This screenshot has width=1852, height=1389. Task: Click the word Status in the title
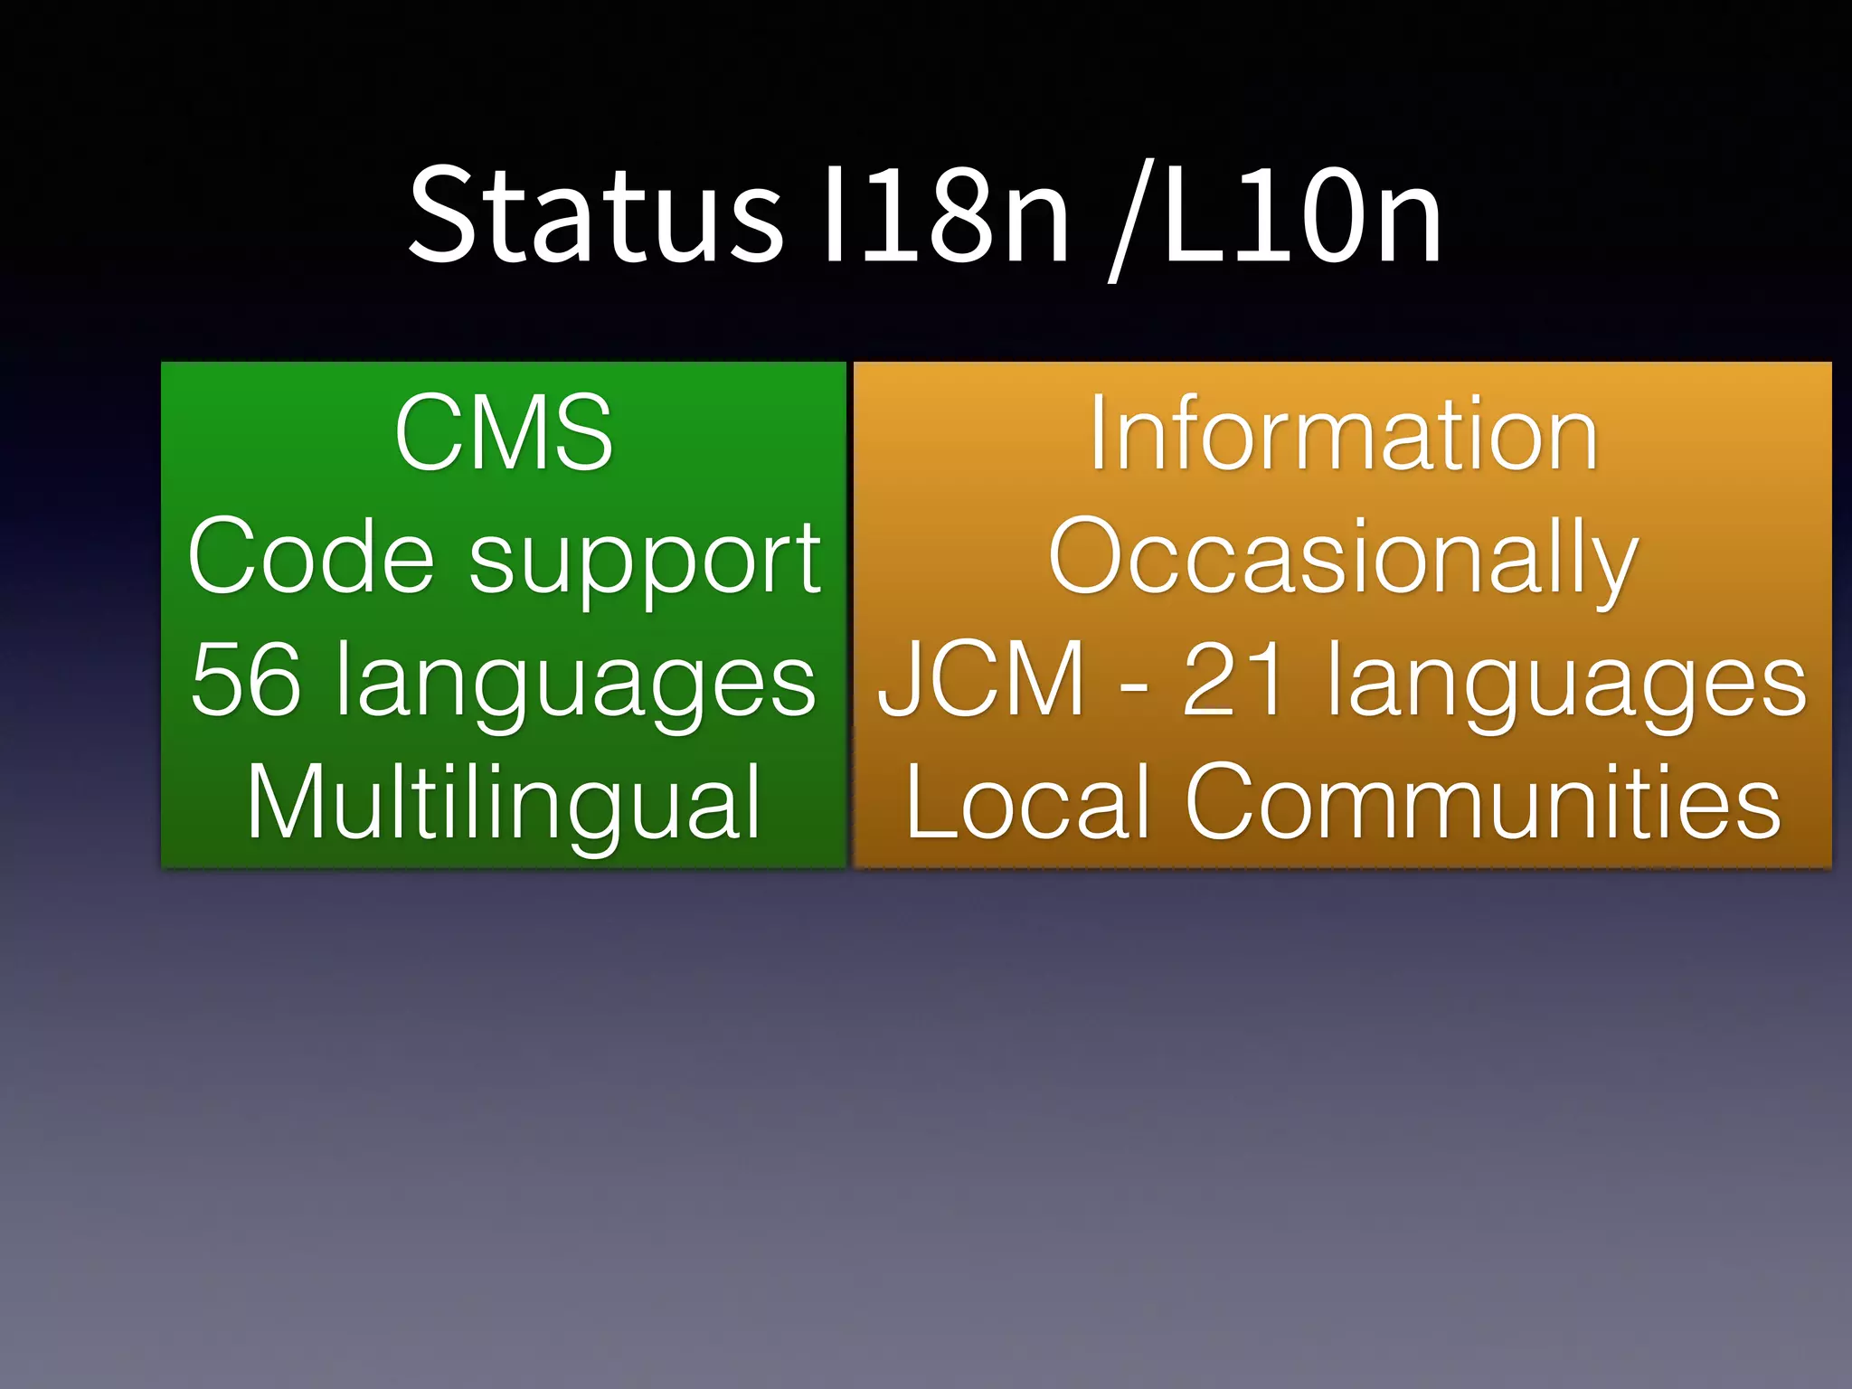[x=595, y=215]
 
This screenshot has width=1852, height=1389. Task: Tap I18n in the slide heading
[x=941, y=215]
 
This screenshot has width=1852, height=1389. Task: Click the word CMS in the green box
[x=504, y=432]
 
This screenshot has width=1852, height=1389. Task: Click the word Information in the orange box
[x=1344, y=434]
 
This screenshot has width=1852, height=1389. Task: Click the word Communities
[x=1483, y=802]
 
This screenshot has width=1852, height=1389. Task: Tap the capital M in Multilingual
[x=288, y=802]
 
